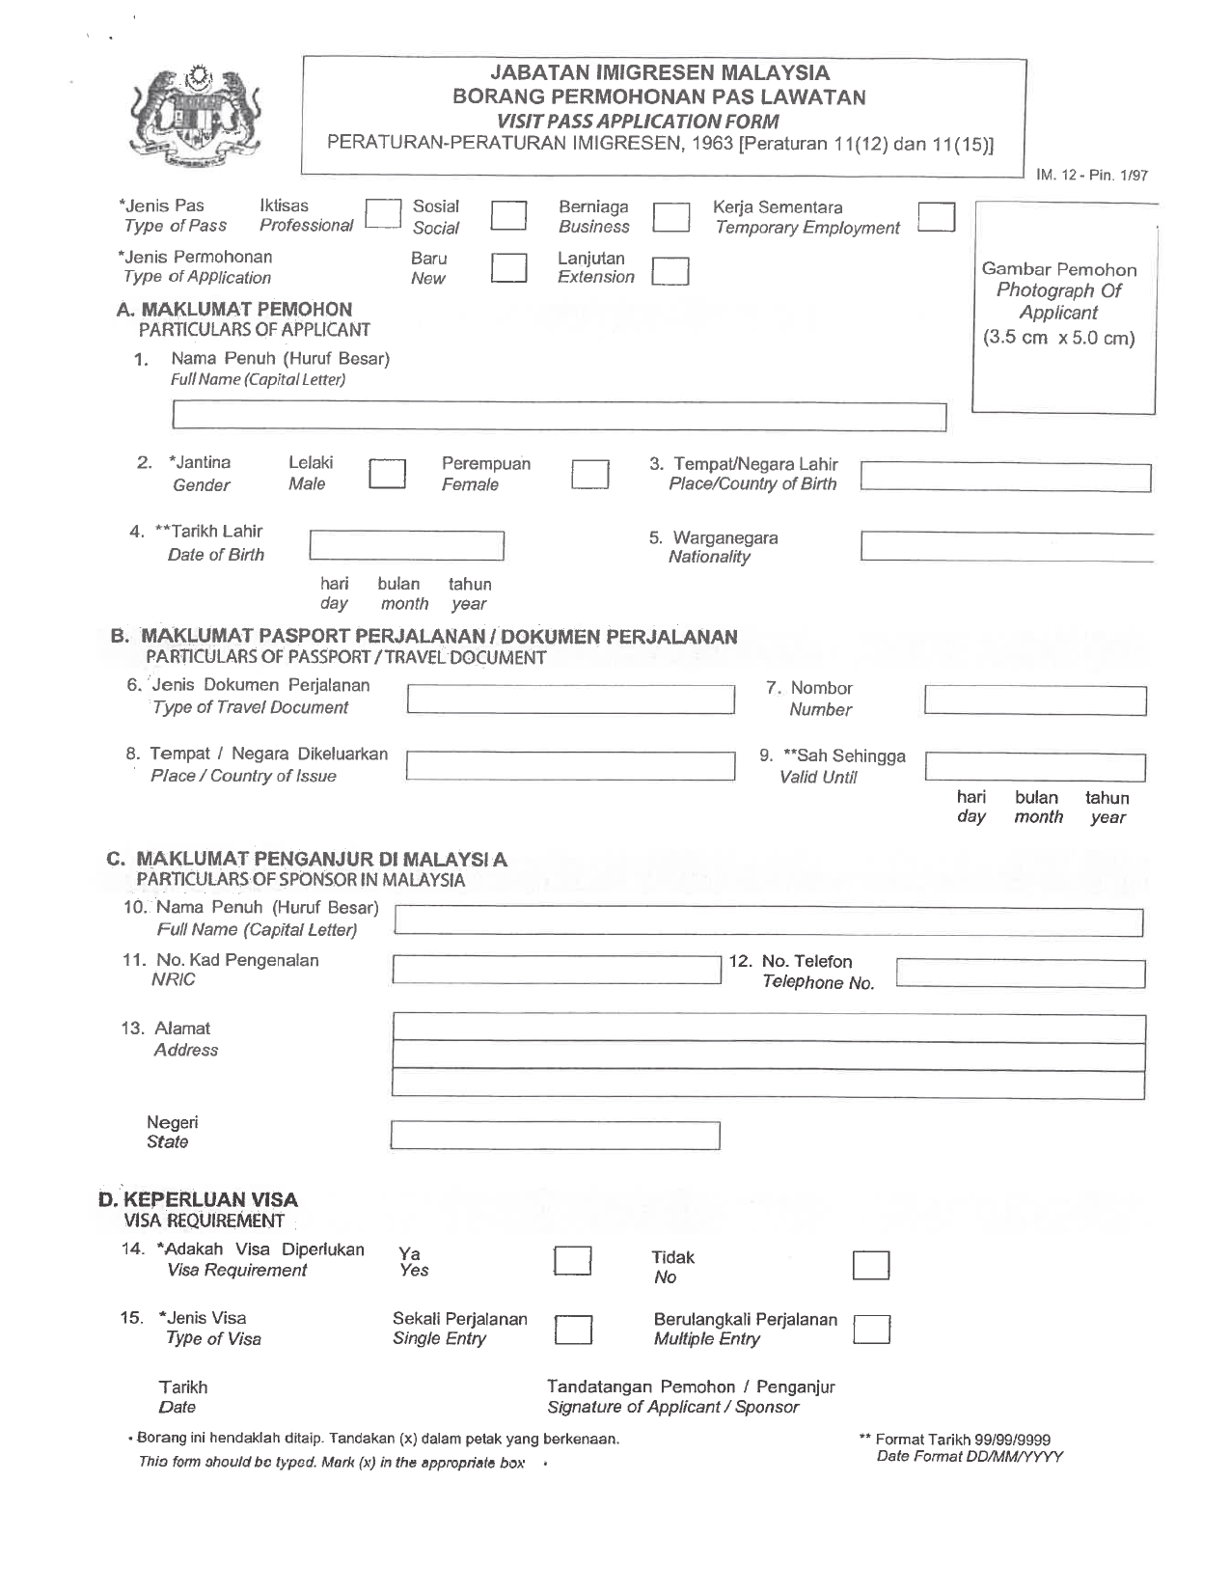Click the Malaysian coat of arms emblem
tap(201, 119)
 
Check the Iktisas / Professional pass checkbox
tap(383, 214)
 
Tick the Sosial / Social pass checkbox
tap(508, 215)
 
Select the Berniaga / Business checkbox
tap(671, 216)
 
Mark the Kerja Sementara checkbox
tap(936, 217)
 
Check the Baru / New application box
tap(508, 267)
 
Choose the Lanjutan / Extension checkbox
tap(670, 271)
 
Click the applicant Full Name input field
tap(559, 417)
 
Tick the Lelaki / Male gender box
tap(388, 474)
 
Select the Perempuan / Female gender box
tap(589, 475)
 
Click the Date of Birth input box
tap(406, 545)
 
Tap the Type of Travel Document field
tap(570, 699)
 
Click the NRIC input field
tap(557, 969)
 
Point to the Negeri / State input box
tap(556, 1136)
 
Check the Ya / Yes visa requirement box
tap(572, 1261)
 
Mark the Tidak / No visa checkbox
tap(870, 1265)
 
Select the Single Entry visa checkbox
tap(573, 1330)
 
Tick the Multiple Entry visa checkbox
tap(872, 1330)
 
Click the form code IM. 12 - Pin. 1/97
tap(1092, 176)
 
